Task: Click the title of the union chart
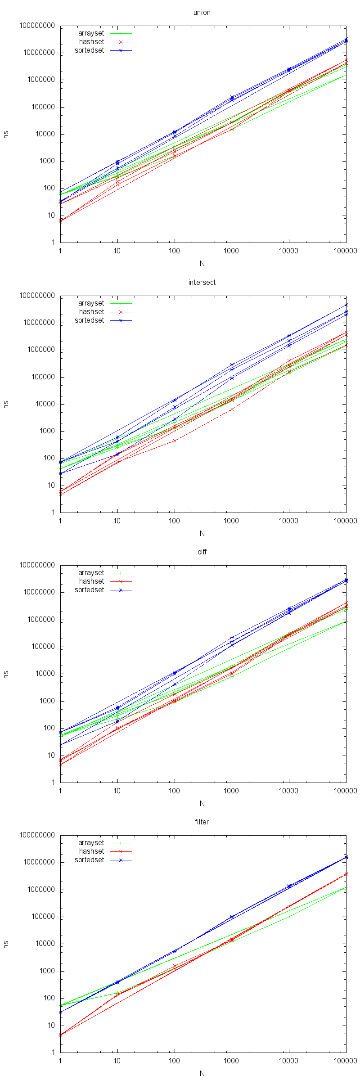point(202,12)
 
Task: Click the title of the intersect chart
point(202,282)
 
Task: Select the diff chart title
point(202,552)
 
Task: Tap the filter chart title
point(202,822)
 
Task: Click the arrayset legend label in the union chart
point(91,33)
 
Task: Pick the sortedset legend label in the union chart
point(89,50)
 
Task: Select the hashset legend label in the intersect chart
point(91,312)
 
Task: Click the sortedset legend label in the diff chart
point(89,590)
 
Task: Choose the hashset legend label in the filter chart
point(91,851)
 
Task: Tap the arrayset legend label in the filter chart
point(91,843)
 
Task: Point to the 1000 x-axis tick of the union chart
point(231,251)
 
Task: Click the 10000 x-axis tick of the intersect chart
point(288,521)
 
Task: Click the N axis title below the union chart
point(202,263)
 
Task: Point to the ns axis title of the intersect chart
point(6,404)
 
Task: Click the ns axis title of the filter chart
point(6,944)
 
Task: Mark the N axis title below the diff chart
point(202,803)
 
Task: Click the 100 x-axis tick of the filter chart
point(174,1061)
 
